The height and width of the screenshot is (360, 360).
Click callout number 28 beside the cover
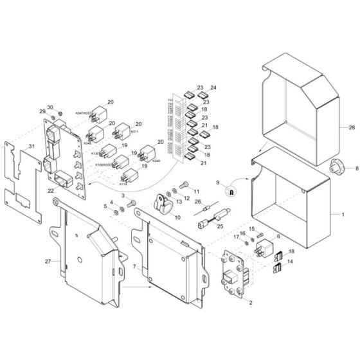tap(352, 129)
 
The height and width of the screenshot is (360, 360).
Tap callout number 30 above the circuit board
tap(50, 107)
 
